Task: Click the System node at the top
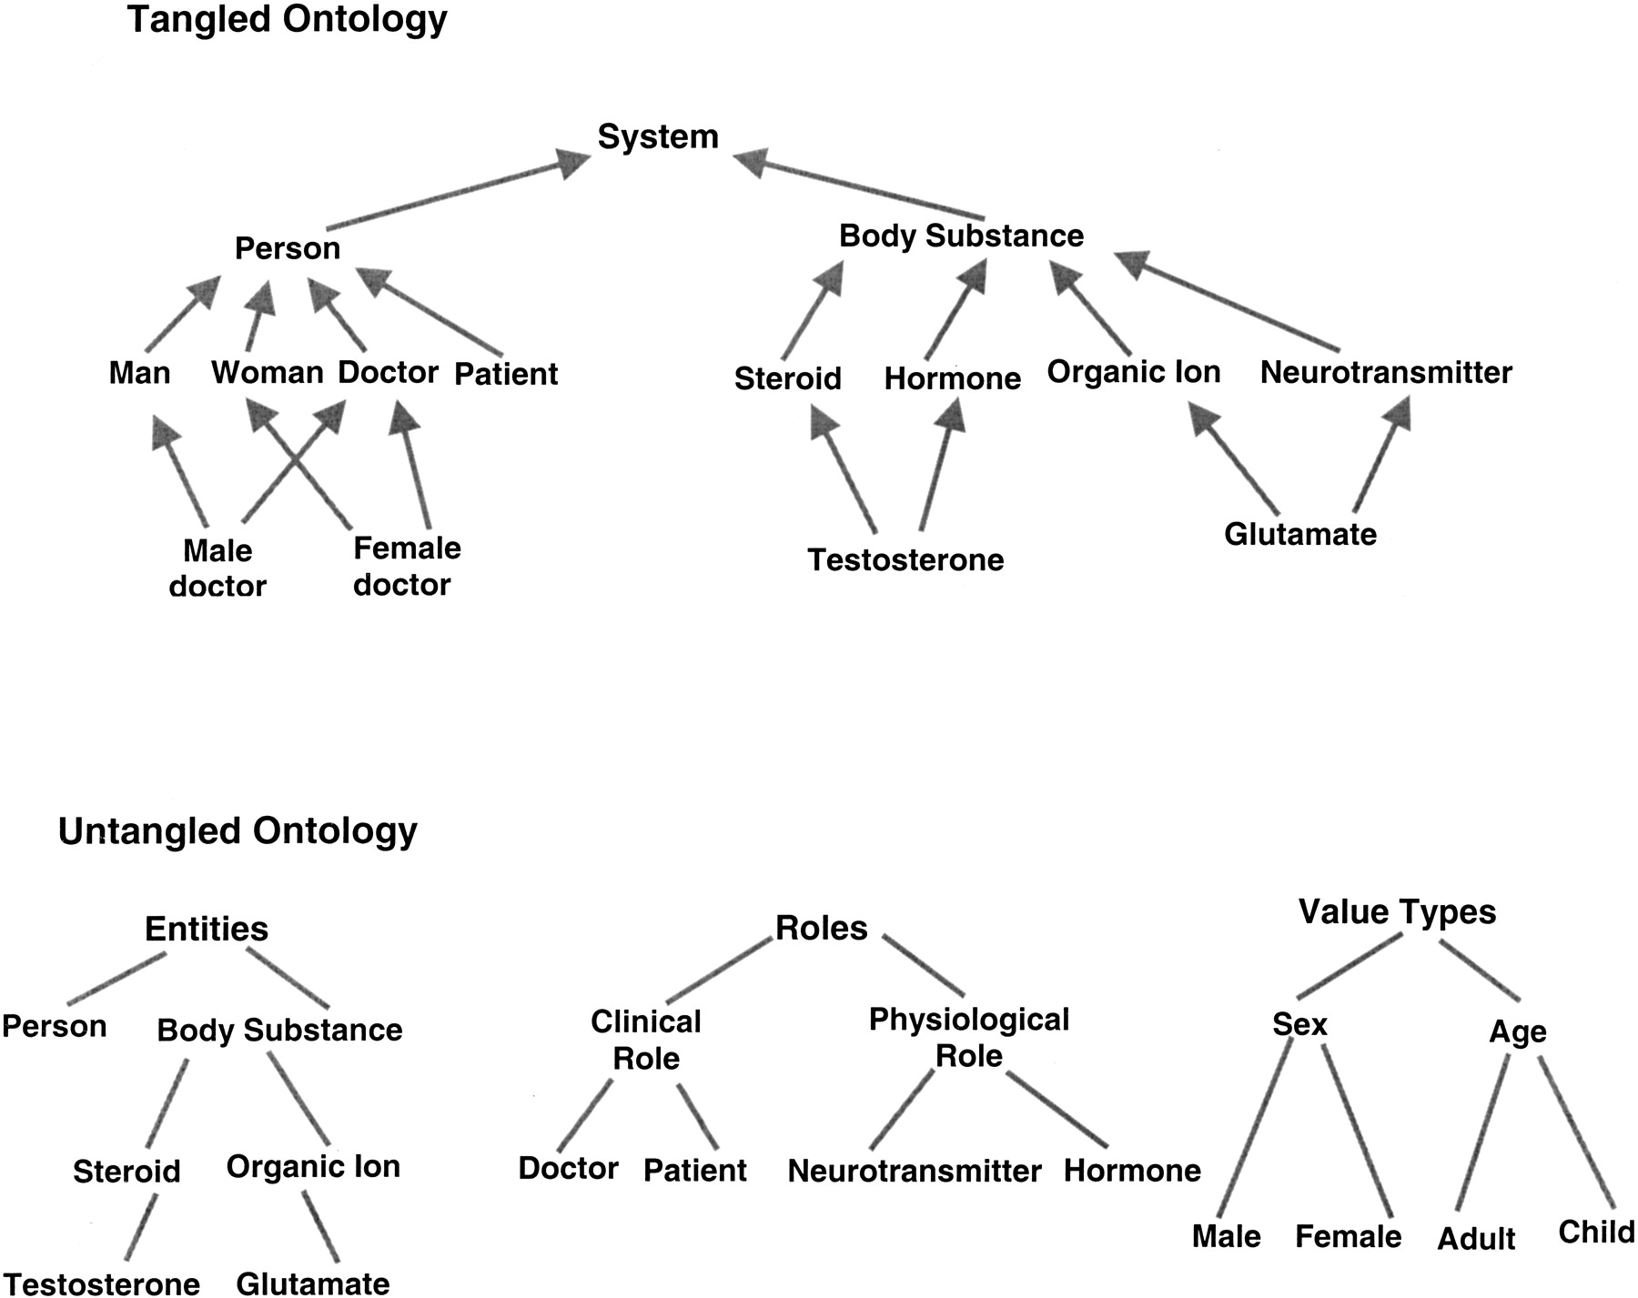[x=658, y=137]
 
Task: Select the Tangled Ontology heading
[x=288, y=20]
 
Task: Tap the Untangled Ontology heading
[x=238, y=830]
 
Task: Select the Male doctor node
[x=217, y=569]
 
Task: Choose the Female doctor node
[x=406, y=566]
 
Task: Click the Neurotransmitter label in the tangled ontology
[x=1385, y=372]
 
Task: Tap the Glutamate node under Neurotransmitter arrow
[x=1299, y=534]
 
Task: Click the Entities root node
[x=207, y=929]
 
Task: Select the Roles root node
[x=821, y=928]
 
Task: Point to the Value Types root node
[x=1397, y=911]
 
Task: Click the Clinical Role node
[x=646, y=1040]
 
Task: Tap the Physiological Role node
[x=969, y=1037]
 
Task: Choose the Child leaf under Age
[x=1596, y=1232]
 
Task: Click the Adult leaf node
[x=1476, y=1239]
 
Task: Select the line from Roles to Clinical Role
[x=718, y=971]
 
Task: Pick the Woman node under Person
[x=268, y=372]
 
